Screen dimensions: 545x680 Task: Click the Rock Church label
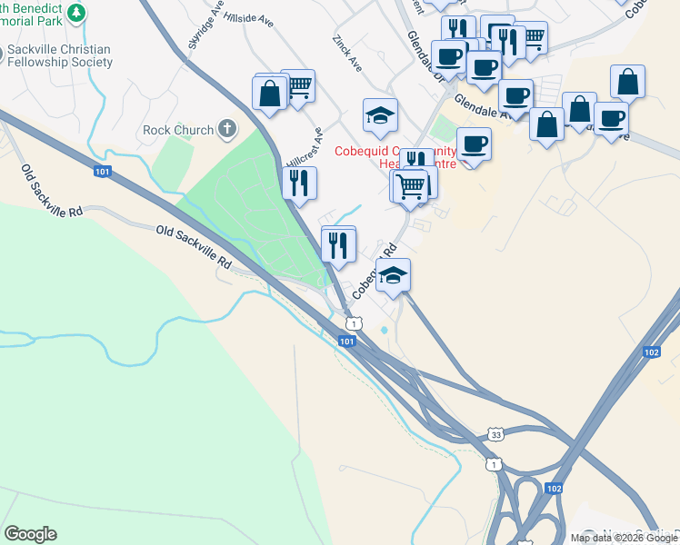[x=178, y=130]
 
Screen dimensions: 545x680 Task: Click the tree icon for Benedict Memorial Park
[x=77, y=12]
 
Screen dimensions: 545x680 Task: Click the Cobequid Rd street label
[x=375, y=271]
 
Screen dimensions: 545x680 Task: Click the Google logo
[x=30, y=534]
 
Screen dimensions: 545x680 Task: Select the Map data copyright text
[x=624, y=538]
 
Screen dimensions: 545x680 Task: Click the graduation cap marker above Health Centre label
[x=380, y=115]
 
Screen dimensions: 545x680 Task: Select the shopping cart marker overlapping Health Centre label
[x=411, y=186]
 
